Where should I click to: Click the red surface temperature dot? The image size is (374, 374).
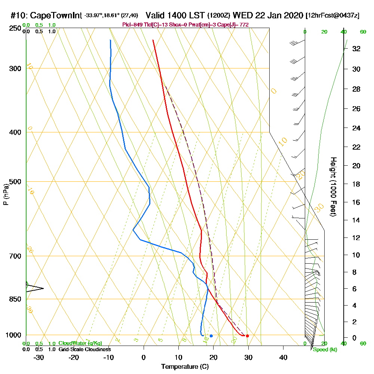[247, 336]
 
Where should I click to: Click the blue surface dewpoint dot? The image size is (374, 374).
[211, 336]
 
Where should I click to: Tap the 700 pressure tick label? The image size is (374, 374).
[15, 256]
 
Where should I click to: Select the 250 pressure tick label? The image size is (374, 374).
[15, 28]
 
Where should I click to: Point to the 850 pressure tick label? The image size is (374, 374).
[15, 299]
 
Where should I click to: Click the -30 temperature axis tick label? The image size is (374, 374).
[39, 357]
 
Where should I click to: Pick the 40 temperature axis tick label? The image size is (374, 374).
[283, 357]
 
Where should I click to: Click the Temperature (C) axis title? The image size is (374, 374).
[185, 367]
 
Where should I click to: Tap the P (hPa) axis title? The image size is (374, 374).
[6, 194]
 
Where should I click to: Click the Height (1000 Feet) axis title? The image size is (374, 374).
[333, 187]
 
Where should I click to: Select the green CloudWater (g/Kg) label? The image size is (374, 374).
[80, 343]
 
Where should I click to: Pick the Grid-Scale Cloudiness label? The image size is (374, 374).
[84, 349]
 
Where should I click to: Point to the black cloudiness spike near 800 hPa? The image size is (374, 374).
[36, 288]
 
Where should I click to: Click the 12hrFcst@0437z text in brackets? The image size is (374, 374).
[332, 16]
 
